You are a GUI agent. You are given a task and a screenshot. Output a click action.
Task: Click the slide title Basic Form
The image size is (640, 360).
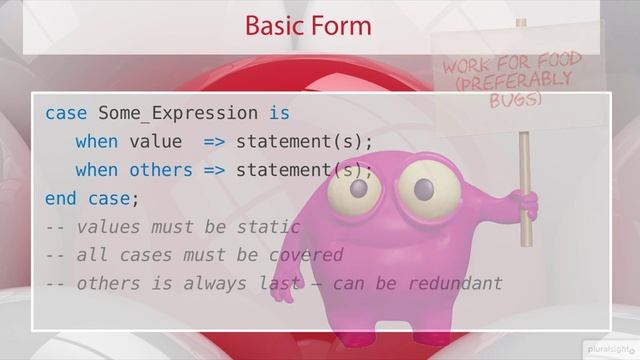[x=308, y=25]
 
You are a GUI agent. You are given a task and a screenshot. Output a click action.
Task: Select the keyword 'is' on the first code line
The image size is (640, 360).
[x=279, y=113]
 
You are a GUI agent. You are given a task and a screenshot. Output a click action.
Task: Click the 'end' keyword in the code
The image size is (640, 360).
[x=61, y=198]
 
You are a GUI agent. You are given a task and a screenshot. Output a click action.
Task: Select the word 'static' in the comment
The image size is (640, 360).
[x=268, y=226]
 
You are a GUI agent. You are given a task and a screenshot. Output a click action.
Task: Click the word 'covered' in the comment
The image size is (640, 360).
[x=305, y=254]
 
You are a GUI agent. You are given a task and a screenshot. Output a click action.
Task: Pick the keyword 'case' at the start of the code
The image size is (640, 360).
[x=66, y=113]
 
